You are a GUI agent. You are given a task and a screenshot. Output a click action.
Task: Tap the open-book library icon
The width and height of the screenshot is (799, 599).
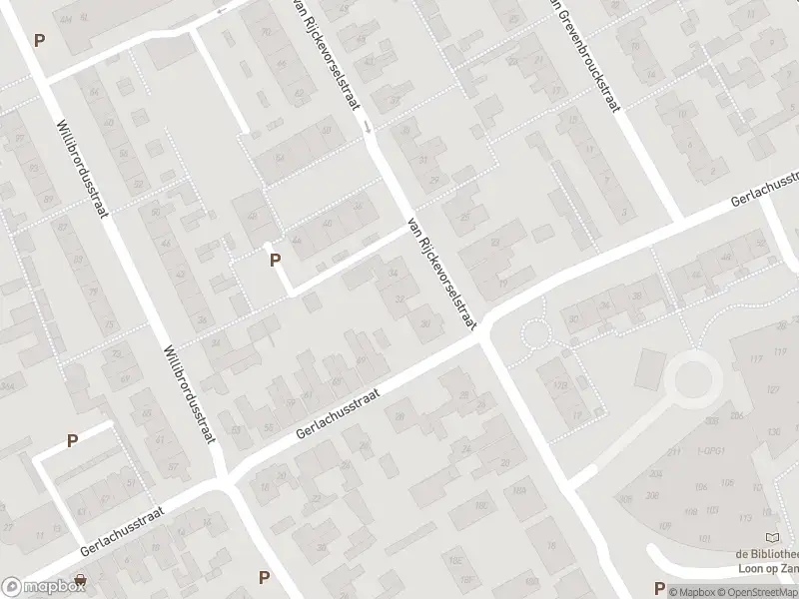770,537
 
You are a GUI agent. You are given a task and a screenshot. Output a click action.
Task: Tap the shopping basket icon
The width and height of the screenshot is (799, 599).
79,580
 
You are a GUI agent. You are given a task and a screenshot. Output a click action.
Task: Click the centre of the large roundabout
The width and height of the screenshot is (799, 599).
692,379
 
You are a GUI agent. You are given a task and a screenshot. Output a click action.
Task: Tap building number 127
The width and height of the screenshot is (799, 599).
771,390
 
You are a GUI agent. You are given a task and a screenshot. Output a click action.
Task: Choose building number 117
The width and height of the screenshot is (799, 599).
754,358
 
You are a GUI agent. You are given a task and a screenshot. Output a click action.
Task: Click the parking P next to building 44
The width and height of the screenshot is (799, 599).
275,261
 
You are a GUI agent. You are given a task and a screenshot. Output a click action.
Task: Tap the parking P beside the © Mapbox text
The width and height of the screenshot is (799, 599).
658,588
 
